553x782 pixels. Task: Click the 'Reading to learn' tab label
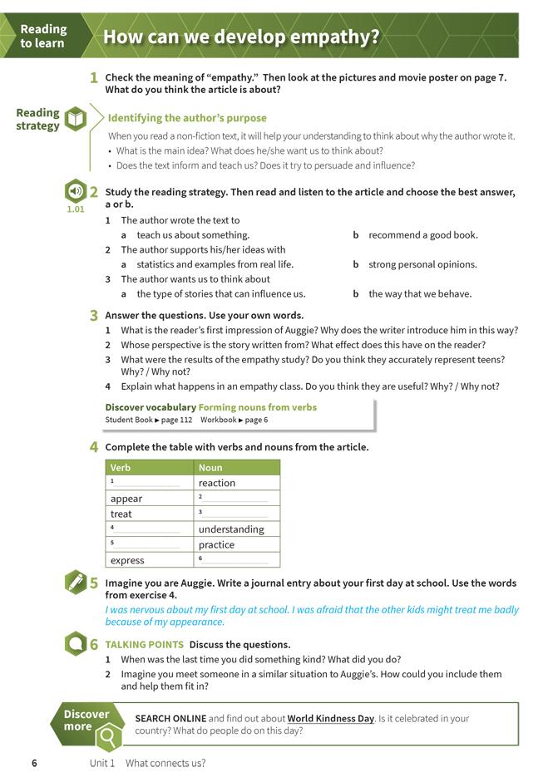43,36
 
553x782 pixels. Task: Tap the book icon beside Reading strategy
76,119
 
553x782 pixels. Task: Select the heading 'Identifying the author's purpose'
187,118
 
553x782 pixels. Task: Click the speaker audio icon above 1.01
75,191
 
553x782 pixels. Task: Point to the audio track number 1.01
75,209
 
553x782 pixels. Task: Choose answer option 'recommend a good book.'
422,235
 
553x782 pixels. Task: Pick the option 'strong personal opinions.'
422,264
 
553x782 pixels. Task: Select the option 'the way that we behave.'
420,293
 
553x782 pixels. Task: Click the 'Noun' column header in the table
210,467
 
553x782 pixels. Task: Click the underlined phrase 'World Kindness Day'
331,718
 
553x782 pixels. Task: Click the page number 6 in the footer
34,763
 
